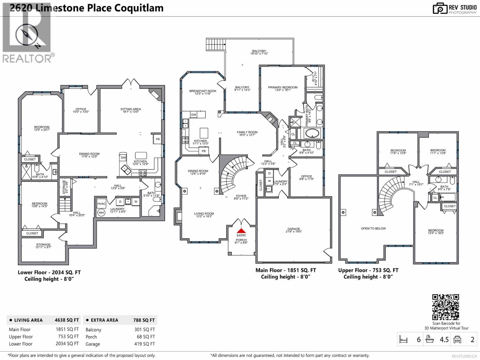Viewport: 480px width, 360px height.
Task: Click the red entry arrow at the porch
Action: tap(241, 231)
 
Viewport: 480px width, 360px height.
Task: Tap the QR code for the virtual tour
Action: tap(445, 307)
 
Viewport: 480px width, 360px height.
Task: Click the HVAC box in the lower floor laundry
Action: tap(101, 204)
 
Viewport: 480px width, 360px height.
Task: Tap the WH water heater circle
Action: tap(101, 212)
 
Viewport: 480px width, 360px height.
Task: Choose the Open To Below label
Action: tap(373, 228)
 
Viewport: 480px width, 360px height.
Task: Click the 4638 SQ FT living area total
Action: tap(67, 320)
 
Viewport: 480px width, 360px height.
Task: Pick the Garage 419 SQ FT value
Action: tap(144, 344)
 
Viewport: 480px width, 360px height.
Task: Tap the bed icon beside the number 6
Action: tap(403, 340)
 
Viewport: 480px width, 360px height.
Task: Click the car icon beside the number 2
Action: tap(457, 339)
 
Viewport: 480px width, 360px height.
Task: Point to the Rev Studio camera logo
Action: tap(440, 9)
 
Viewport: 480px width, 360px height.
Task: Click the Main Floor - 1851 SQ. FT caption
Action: tap(286, 270)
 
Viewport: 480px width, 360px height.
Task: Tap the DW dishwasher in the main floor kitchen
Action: tap(194, 115)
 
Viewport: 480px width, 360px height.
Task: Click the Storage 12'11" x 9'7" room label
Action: tap(43, 246)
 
